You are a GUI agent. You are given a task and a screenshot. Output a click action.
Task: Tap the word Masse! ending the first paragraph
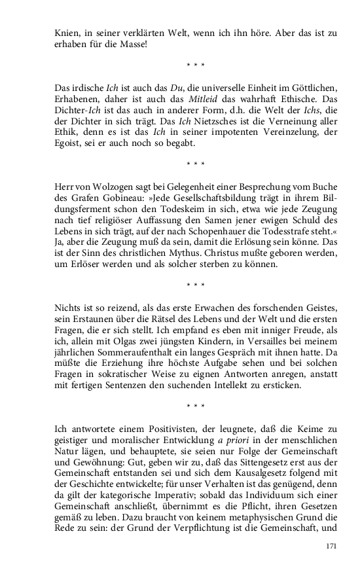point(134,44)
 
